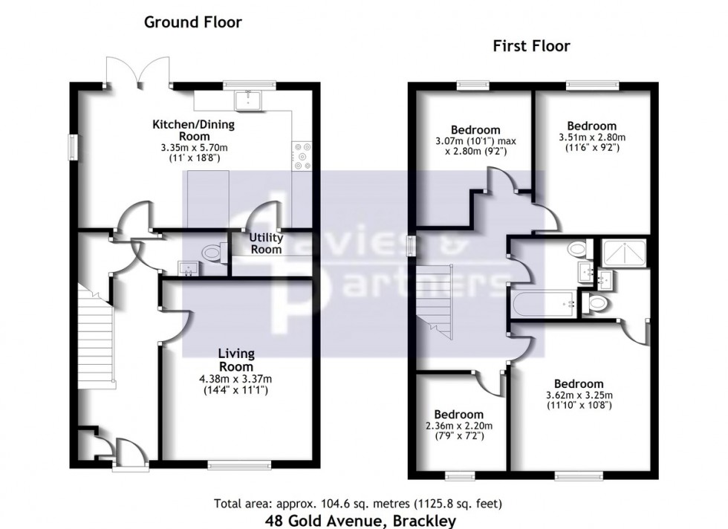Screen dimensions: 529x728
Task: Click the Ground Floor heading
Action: [x=192, y=22]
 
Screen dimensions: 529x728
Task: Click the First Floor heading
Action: [x=531, y=46]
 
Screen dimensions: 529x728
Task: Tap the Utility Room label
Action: [x=266, y=244]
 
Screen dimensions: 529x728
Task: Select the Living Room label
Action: [x=236, y=360]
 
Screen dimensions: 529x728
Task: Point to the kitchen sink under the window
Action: [x=245, y=100]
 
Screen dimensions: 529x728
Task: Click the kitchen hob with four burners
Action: [x=303, y=157]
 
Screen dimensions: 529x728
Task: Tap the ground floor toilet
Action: [x=211, y=253]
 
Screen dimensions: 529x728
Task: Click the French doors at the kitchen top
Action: [x=131, y=73]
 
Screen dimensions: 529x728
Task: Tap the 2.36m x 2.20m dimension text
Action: [x=458, y=426]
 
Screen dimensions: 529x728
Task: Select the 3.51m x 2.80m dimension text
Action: [x=591, y=137]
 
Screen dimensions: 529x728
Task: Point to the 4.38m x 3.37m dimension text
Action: [x=236, y=378]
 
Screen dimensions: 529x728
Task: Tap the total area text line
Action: [x=361, y=502]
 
